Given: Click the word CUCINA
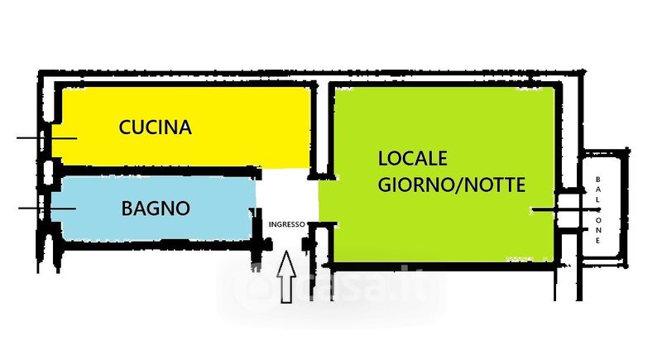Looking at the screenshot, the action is tap(156, 127).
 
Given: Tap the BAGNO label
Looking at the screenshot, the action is tap(156, 208).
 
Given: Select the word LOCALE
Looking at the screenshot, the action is tap(412, 157).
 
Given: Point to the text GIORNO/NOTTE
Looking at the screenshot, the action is tap(451, 185).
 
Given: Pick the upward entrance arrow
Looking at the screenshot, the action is tap(287, 277).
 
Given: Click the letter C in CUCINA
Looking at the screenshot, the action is tap(126, 127).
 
